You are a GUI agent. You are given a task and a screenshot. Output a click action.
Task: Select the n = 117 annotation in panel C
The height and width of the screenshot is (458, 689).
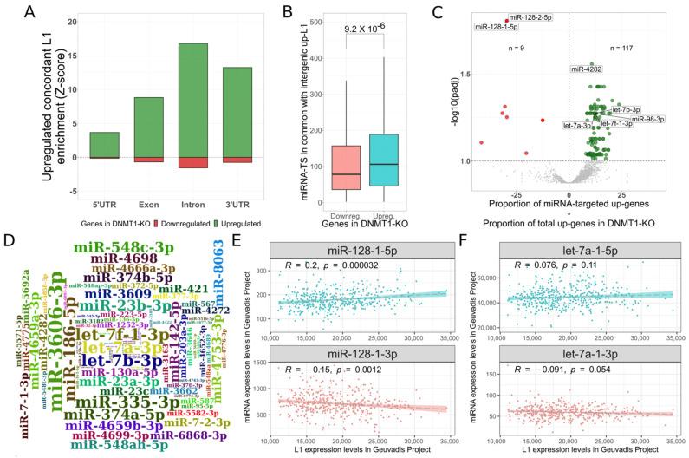pyautogui.click(x=623, y=49)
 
